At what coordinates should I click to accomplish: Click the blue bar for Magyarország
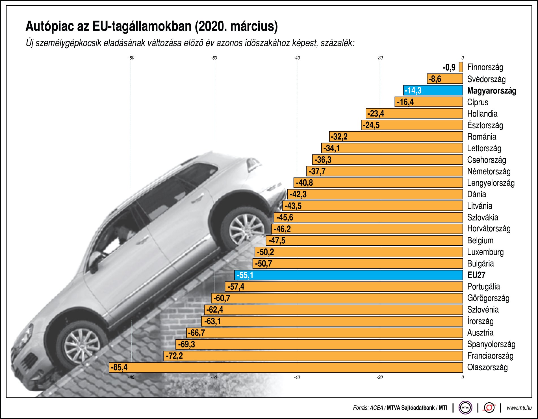click(433, 90)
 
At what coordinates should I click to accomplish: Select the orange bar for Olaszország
click(285, 367)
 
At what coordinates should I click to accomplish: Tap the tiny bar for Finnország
click(461, 67)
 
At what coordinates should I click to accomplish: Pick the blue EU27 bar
click(348, 275)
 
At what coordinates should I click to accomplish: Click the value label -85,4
click(119, 367)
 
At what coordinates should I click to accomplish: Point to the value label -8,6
click(435, 79)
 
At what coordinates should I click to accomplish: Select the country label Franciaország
click(490, 356)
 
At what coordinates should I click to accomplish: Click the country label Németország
click(489, 171)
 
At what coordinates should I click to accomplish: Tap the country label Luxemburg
click(485, 252)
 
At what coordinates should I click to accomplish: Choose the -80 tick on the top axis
click(131, 58)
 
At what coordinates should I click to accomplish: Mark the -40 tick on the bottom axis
click(297, 377)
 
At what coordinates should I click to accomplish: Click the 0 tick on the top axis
click(463, 58)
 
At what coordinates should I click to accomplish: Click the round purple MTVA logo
click(465, 407)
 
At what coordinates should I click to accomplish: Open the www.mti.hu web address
click(519, 408)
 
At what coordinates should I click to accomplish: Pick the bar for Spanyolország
click(319, 344)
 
